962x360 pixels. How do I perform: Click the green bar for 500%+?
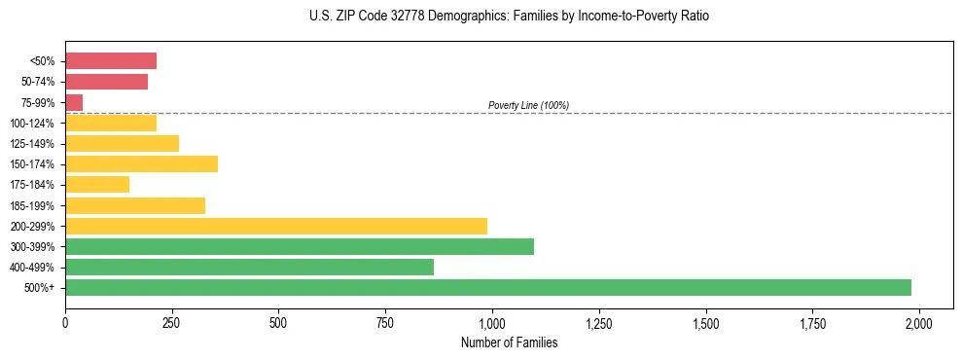(487, 287)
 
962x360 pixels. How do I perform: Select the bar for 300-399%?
(299, 246)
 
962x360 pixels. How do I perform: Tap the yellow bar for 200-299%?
(275, 226)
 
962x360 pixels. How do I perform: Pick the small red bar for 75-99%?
(74, 102)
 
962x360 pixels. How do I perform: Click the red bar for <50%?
(111, 61)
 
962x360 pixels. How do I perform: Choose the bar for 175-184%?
(97, 184)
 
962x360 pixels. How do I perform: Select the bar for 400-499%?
(249, 267)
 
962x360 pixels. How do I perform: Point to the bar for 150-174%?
(141, 163)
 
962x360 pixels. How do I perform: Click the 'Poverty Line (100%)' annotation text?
(528, 105)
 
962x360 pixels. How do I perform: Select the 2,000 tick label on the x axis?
(919, 322)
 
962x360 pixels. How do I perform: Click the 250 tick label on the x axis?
(172, 322)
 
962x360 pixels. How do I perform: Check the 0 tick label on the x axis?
(65, 322)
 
